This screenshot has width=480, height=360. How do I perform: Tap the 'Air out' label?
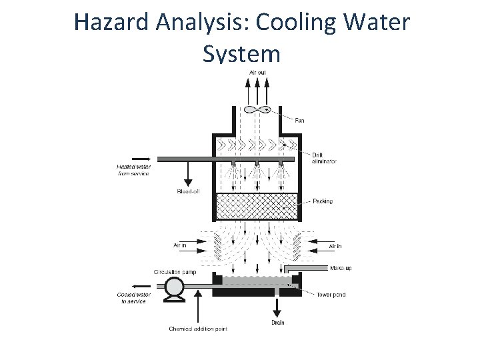257,72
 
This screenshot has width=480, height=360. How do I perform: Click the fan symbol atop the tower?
257,109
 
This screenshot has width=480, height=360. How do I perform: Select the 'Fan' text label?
299,121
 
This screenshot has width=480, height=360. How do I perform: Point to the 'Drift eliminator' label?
323,158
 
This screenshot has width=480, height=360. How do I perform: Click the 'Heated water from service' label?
133,170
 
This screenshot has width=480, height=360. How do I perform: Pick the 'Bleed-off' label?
188,191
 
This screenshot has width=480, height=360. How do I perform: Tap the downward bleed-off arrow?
187,174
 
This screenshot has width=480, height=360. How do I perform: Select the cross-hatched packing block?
256,206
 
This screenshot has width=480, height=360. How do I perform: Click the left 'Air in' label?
180,246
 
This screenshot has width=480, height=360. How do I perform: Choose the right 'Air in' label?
335,246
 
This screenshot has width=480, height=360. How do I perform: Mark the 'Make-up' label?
341,268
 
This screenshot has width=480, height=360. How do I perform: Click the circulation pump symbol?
174,288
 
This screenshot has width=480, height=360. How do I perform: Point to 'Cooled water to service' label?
134,298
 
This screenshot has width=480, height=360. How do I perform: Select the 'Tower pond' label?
331,295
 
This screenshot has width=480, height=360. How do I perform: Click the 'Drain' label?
277,323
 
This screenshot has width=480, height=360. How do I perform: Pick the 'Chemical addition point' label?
198,329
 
